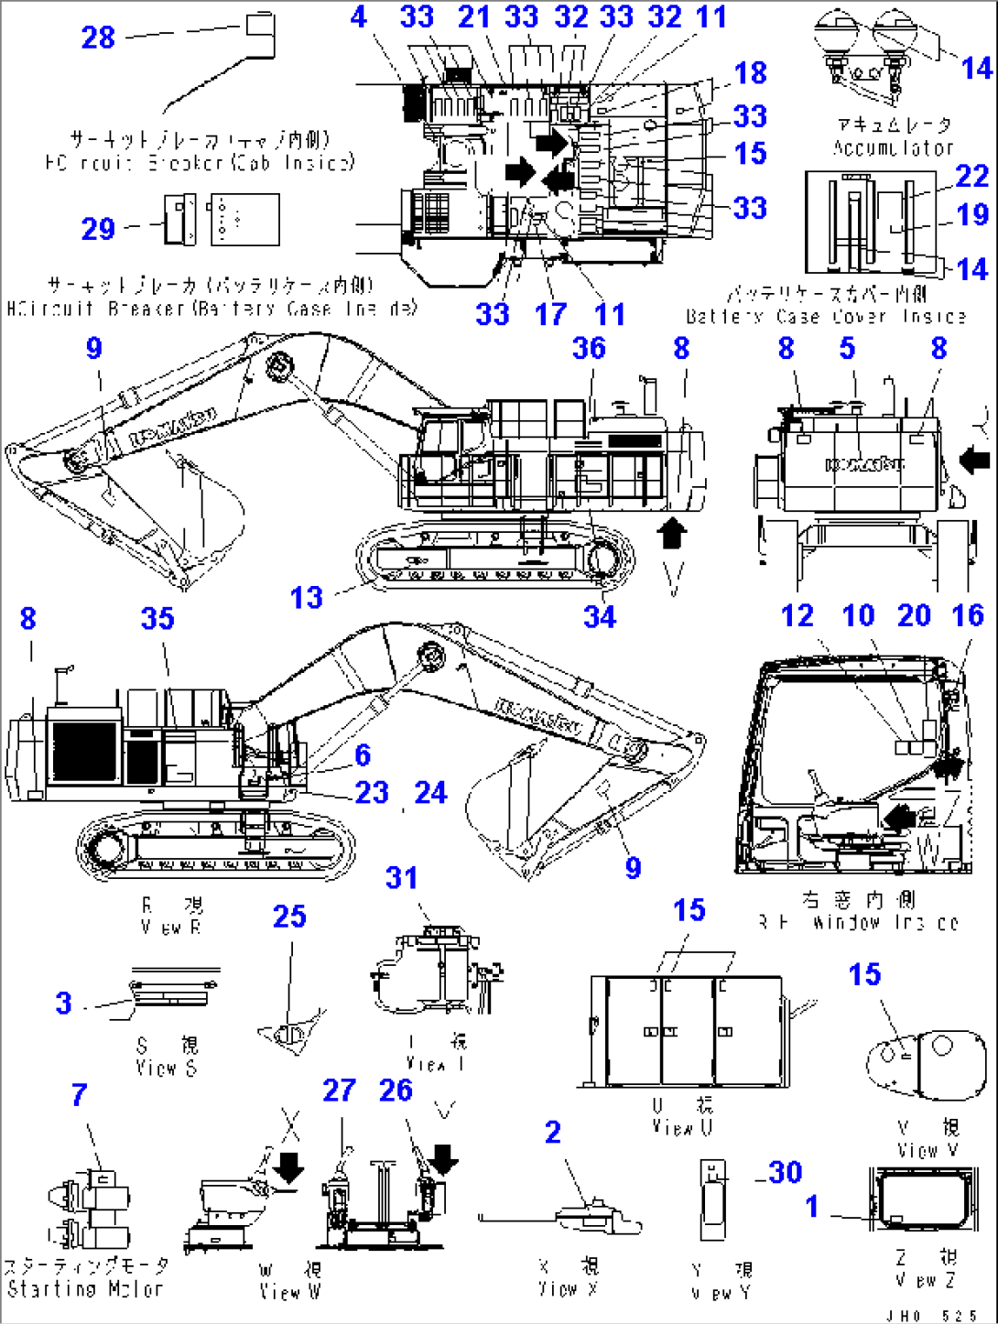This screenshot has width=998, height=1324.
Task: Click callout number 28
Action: click(98, 38)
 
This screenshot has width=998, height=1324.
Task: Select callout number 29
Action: click(98, 228)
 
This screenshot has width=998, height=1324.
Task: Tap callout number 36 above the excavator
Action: click(589, 348)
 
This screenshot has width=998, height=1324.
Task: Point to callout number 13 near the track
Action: click(307, 598)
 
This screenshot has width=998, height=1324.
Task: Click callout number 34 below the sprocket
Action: click(600, 616)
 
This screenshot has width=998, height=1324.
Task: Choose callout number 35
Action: click(157, 618)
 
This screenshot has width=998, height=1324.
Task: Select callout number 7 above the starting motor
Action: click(80, 1094)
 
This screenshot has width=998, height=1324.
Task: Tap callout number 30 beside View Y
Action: click(785, 1172)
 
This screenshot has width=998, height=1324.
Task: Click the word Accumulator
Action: click(893, 147)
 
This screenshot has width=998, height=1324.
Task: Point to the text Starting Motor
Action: click(85, 1288)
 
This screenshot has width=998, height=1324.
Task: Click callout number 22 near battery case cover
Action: click(971, 176)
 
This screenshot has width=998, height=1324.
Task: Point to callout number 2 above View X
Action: click(552, 1132)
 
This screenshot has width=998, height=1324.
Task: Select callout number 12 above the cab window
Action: click(797, 615)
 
